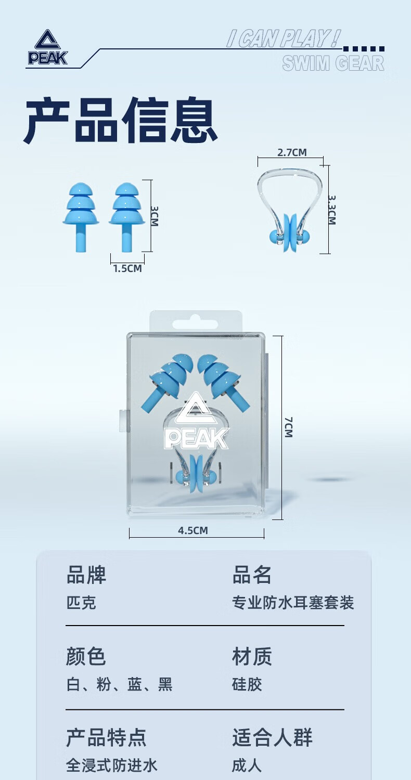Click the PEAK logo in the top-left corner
click(47, 48)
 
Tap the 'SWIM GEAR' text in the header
click(333, 63)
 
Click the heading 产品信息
click(120, 120)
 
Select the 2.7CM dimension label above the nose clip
click(292, 152)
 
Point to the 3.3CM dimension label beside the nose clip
click(332, 210)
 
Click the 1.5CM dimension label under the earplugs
click(127, 269)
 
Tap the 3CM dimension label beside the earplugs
click(155, 215)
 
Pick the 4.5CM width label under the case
click(193, 531)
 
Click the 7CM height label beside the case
click(289, 426)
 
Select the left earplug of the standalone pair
click(81, 214)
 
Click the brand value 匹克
click(81, 603)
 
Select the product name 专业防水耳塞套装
click(293, 603)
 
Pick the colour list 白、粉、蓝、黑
click(119, 685)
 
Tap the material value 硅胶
click(247, 685)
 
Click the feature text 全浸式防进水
click(111, 765)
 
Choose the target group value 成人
click(247, 765)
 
